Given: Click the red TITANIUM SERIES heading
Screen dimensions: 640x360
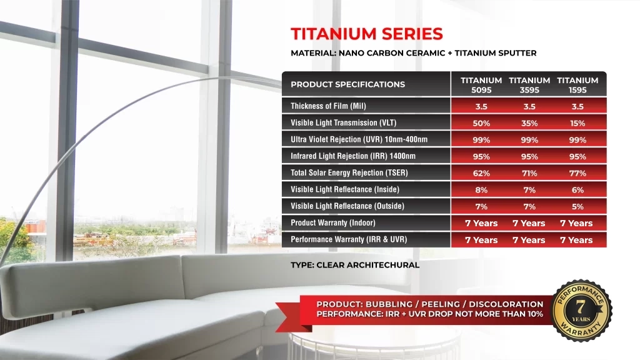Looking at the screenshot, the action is tap(366, 34).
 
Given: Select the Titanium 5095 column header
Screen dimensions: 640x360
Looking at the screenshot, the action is tap(481, 85).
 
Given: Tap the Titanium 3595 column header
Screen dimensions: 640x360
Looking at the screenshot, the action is tap(529, 85).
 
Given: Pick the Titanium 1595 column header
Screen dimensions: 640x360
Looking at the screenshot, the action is tap(577, 85).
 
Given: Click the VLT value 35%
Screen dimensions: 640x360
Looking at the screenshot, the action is tap(529, 123).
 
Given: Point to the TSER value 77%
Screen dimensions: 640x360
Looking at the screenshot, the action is tap(577, 174).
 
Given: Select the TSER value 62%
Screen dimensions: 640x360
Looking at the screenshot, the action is tap(481, 174).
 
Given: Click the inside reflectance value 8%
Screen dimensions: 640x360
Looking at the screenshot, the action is tap(481, 190).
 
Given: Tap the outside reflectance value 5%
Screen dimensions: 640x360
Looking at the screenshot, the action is tap(577, 207).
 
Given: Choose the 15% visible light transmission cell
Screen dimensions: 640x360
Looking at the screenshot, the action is tap(577, 123).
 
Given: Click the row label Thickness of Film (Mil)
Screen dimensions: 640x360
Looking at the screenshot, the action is tap(328, 106).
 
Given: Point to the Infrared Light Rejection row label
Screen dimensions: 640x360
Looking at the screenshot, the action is tap(353, 156).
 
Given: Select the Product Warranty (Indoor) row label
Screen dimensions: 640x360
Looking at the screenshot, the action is tap(333, 223).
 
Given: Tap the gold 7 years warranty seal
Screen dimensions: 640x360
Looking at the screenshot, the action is tap(581, 310).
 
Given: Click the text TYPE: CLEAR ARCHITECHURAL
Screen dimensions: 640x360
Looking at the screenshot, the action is tap(355, 265).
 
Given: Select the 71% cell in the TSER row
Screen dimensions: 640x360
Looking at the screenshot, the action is tap(529, 174).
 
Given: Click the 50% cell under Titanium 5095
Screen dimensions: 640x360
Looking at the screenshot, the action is tap(481, 123).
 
